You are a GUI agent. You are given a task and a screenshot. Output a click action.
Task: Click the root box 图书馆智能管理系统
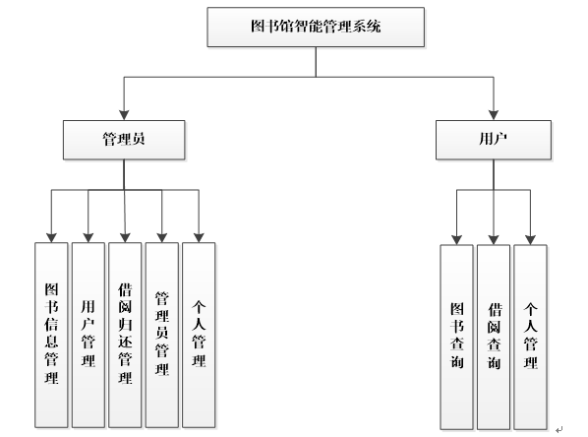tap(316, 29)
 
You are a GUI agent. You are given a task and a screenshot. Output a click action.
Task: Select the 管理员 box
tap(124, 141)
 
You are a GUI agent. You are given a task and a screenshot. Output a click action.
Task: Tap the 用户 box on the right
tap(493, 141)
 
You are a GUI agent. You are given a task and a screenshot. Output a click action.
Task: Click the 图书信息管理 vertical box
tap(51, 335)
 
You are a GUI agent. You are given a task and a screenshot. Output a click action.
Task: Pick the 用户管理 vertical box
tap(88, 335)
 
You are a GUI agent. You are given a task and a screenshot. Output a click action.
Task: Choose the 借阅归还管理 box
tap(125, 335)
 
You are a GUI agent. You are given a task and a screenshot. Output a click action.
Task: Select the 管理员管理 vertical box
tap(162, 335)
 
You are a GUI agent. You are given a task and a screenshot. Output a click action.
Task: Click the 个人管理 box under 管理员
tap(200, 335)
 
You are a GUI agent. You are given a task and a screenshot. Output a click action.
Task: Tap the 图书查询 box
tap(456, 335)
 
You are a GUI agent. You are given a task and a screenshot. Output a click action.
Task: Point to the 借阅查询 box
tap(494, 335)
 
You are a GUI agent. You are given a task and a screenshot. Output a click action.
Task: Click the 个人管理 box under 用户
tap(531, 335)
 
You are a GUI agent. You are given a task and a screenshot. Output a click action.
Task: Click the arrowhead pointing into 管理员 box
tap(124, 115)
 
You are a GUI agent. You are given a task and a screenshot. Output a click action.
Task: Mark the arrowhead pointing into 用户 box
tap(493, 115)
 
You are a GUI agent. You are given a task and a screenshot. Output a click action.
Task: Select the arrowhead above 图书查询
tap(456, 238)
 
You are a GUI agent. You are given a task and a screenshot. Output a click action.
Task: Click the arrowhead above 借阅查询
tap(494, 238)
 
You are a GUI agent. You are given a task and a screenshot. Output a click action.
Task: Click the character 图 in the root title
tap(258, 29)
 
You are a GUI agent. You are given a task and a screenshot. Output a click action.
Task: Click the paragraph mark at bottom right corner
tap(559, 427)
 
